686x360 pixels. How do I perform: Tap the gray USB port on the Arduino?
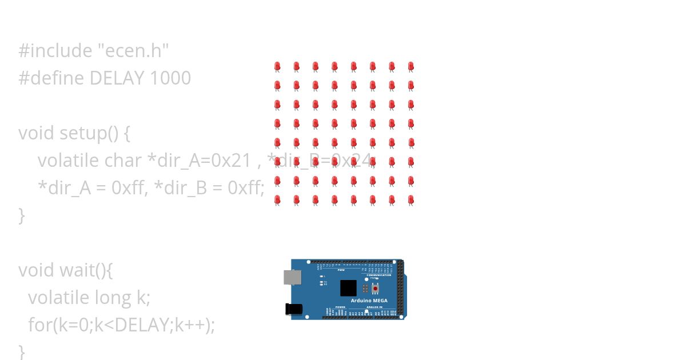tap(292, 278)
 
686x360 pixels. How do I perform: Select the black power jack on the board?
tap(293, 309)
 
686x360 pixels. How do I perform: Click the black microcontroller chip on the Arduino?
tap(348, 287)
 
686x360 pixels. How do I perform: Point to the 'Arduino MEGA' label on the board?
tap(369, 301)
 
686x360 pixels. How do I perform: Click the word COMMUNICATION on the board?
tap(379, 275)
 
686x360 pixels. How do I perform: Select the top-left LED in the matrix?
tap(277, 67)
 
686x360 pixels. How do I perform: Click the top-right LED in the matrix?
tap(410, 67)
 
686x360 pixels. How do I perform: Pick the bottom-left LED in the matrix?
tap(277, 200)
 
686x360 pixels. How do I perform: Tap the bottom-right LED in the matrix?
tap(410, 200)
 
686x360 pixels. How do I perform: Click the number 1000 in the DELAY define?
tap(170, 78)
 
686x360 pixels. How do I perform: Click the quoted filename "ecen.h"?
tap(133, 51)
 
